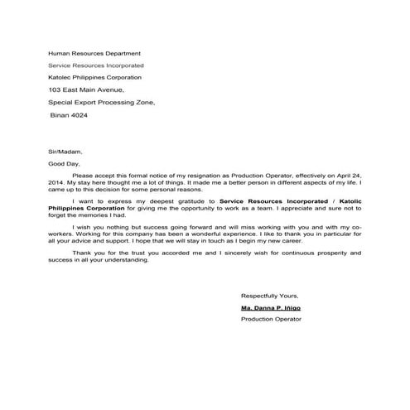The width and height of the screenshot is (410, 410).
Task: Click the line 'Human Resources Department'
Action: click(x=94, y=53)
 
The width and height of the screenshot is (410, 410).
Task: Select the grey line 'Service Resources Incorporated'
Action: click(x=95, y=65)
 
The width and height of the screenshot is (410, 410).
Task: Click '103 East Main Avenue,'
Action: click(x=86, y=89)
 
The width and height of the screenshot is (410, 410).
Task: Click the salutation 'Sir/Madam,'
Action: click(x=65, y=152)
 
